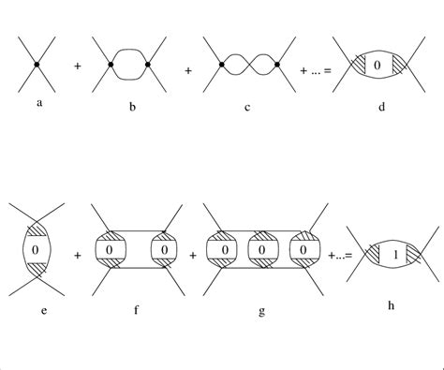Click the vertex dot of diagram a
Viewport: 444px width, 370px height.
tap(36, 64)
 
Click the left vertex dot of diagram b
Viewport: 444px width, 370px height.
tap(111, 65)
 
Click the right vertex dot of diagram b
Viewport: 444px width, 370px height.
tap(150, 65)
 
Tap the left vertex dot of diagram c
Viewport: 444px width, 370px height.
tap(221, 65)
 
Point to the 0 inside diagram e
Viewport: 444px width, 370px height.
tap(35, 251)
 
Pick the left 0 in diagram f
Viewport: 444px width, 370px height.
tap(110, 251)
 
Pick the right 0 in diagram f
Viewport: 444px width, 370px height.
tap(165, 251)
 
